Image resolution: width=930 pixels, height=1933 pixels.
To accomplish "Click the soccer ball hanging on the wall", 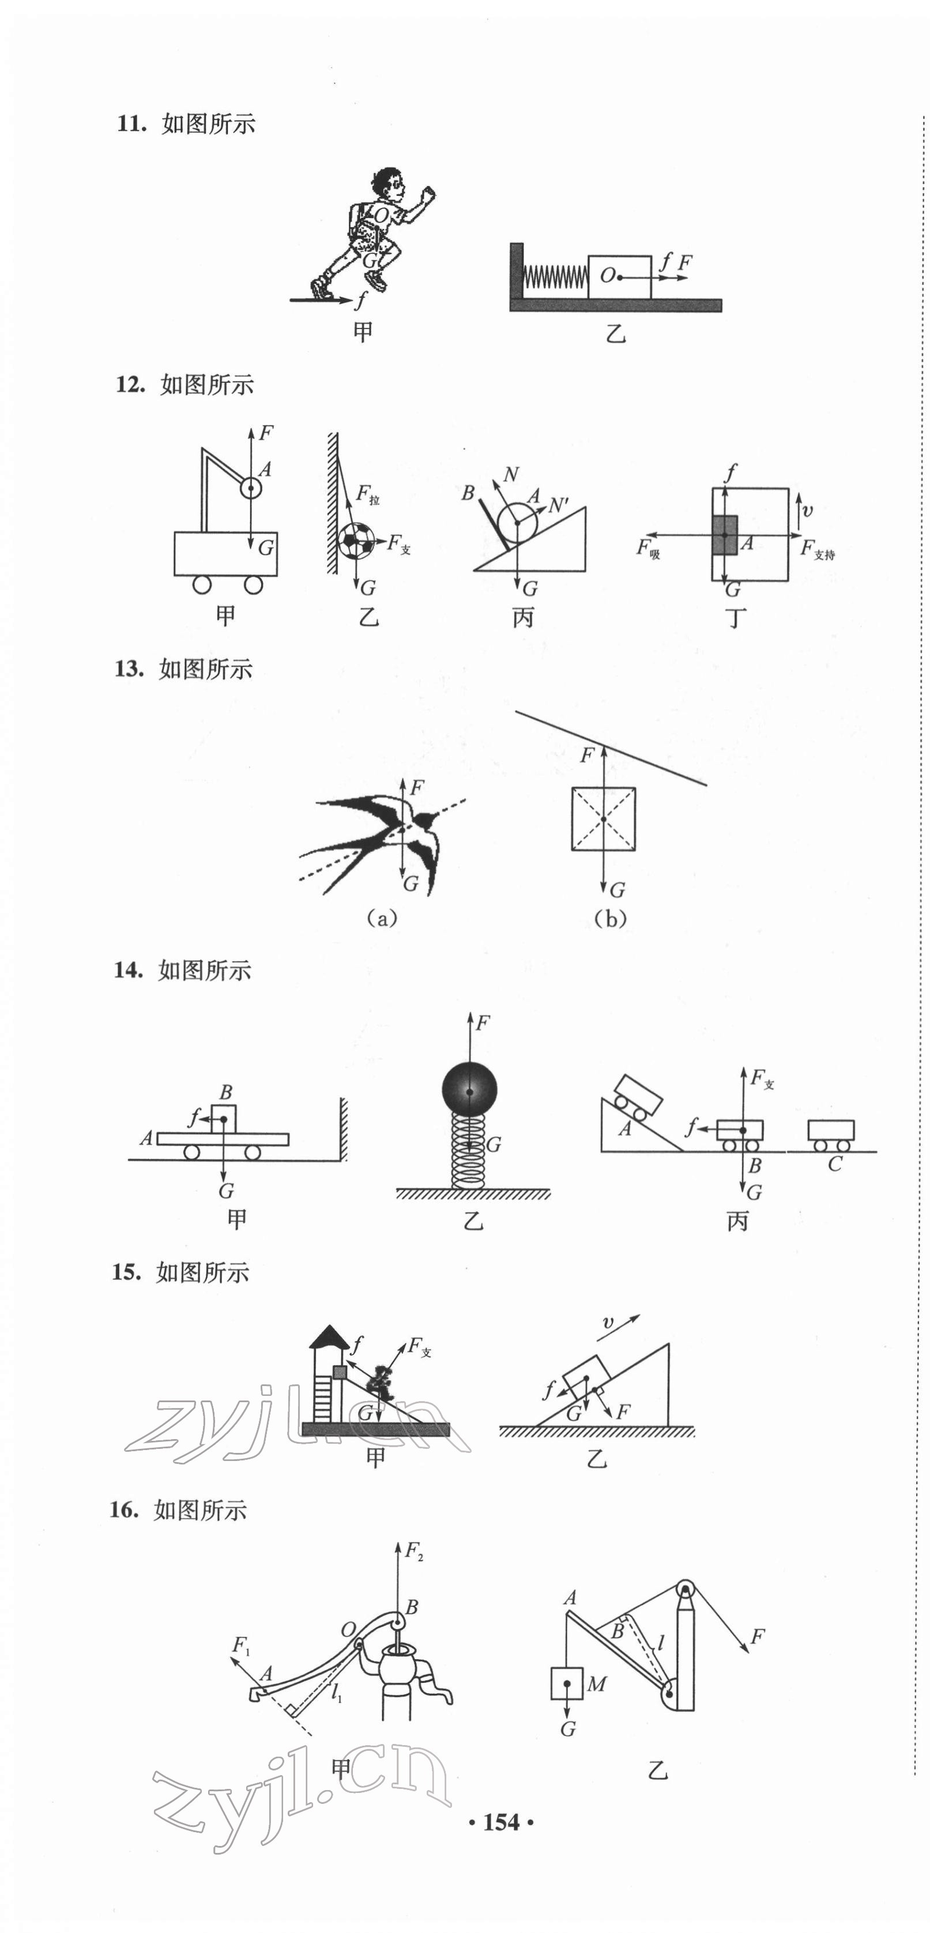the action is point(356,540).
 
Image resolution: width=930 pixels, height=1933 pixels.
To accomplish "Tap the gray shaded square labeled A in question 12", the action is point(724,535).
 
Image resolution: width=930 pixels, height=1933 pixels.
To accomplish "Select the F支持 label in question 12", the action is point(816,549).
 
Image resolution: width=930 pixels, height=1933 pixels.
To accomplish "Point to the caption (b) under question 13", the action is point(609,919).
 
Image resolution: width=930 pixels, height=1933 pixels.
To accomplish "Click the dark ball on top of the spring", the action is point(469,1089).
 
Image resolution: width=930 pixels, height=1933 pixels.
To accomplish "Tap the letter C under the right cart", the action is point(834,1165).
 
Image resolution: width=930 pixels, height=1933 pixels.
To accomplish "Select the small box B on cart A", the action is point(224,1118).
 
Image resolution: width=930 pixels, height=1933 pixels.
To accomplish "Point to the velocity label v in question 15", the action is point(608,1322).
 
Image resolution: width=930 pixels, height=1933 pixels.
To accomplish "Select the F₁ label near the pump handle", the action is point(240,1647).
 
